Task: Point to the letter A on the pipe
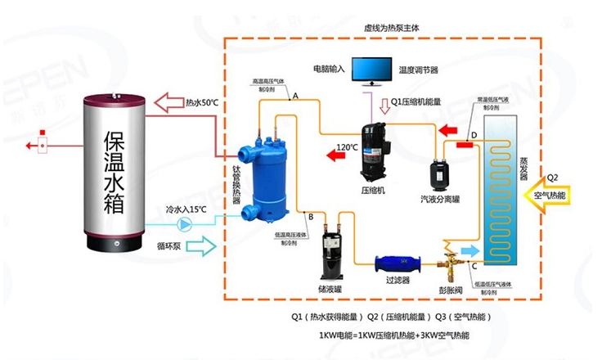[294, 97]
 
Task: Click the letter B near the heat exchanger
[310, 216]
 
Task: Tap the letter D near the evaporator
[473, 135]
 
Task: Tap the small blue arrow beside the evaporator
[469, 248]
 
